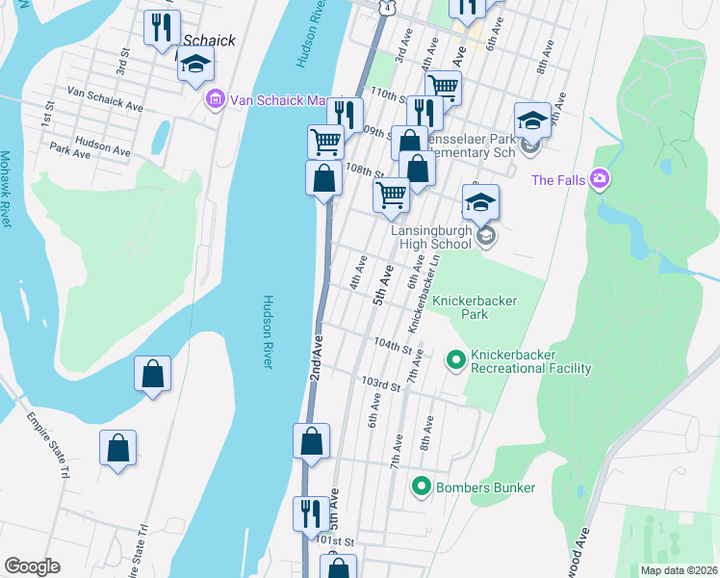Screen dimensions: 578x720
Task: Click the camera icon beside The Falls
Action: [x=601, y=179]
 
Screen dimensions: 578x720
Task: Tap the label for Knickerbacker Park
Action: [x=474, y=307]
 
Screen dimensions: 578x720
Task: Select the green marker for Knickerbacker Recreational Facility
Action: [x=455, y=360]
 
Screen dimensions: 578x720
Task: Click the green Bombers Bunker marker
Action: [x=420, y=487]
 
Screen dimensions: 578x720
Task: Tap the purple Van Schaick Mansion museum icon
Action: [x=215, y=100]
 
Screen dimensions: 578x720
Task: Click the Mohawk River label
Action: [x=6, y=188]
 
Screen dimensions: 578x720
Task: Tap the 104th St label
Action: [x=394, y=344]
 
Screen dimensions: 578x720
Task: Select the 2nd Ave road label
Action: [x=316, y=356]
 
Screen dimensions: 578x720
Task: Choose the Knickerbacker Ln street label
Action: [x=424, y=289]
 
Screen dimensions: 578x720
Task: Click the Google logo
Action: [x=32, y=566]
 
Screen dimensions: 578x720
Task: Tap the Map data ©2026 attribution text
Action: [x=679, y=570]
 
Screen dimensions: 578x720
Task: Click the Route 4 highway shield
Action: [x=385, y=7]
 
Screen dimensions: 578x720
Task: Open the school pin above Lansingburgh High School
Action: [x=480, y=202]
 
